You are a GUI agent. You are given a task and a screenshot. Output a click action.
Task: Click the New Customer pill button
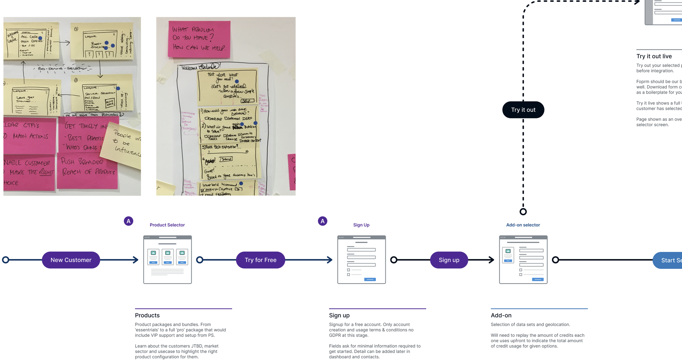tap(71, 260)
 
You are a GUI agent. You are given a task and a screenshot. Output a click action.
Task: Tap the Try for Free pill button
tap(261, 260)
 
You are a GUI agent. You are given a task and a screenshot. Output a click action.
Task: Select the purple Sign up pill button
tap(449, 260)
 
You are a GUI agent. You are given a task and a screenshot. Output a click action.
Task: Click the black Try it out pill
tap(523, 110)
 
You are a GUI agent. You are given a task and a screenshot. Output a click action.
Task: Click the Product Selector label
tap(167, 225)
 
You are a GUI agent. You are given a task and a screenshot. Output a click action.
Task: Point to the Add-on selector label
tap(523, 225)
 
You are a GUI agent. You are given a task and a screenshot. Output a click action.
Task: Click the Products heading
tap(147, 315)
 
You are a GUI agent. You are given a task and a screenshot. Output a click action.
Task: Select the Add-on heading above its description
tap(501, 315)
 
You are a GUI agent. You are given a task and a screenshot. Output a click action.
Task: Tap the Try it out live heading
tap(654, 56)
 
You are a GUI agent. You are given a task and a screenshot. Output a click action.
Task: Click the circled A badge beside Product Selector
tap(128, 221)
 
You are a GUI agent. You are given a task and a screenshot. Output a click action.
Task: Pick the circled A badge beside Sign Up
tap(322, 221)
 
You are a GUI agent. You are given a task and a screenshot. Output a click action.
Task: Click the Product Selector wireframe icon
tap(167, 259)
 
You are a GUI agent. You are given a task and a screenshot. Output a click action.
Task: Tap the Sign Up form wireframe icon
tap(361, 259)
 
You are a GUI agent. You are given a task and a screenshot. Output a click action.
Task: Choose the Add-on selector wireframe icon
tap(523, 259)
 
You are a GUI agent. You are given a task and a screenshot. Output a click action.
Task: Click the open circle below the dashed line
tap(523, 212)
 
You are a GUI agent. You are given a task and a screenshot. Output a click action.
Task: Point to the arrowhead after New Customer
tap(136, 260)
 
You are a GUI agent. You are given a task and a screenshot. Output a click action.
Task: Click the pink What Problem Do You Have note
tap(199, 39)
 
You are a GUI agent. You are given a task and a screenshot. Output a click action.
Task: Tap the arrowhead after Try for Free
tap(330, 260)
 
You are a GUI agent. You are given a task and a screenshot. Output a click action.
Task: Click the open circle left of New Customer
tap(6, 260)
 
